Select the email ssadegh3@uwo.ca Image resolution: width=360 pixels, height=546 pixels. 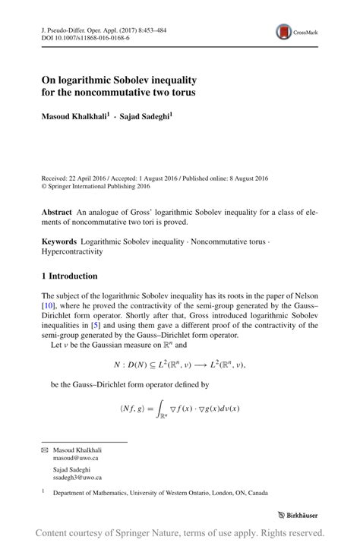(x=77, y=478)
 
